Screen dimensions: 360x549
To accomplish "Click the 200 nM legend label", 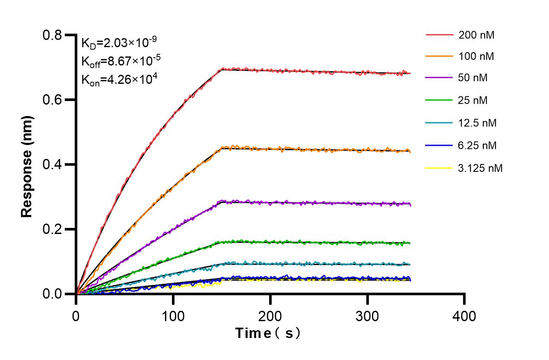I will [476, 35].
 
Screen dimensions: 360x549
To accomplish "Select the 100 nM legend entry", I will [476, 56].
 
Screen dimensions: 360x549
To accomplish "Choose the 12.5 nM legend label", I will [478, 123].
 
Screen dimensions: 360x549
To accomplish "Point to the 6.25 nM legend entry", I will [478, 145].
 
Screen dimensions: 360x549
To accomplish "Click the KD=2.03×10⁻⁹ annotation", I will [119, 42].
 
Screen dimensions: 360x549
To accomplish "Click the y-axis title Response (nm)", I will [27, 166].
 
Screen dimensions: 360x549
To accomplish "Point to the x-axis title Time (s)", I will [268, 333].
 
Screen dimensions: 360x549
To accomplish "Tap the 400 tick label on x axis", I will [464, 316].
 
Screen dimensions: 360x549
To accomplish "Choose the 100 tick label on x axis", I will [173, 316].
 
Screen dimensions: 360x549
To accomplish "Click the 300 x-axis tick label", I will [367, 316].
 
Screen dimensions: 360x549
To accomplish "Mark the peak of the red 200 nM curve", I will [223, 68].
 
